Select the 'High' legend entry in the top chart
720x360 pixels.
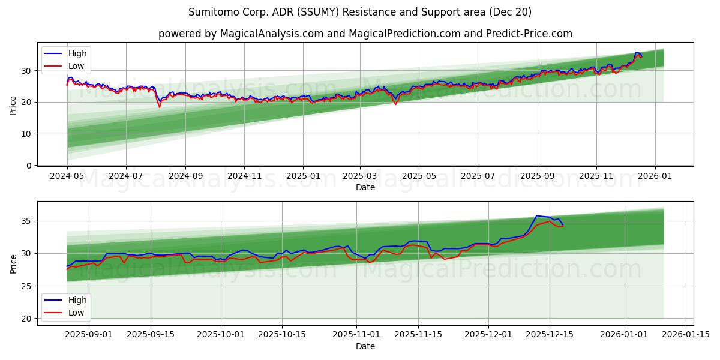(77, 53)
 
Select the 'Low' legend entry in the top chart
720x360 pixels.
(76, 66)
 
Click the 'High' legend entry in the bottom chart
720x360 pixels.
(77, 300)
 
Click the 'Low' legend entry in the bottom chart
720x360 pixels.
(76, 313)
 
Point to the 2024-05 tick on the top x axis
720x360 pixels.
(67, 176)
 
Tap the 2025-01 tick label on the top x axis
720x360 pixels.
(302, 176)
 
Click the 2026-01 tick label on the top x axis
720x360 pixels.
(655, 176)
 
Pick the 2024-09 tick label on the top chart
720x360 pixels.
(185, 176)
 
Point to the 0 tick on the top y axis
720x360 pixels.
(29, 166)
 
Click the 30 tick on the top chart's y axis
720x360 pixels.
(27, 71)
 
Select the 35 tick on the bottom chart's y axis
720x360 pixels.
(27, 221)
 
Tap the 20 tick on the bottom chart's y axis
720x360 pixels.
(27, 319)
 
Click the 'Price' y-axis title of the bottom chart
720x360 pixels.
(13, 263)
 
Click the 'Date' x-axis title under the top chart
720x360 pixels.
(365, 187)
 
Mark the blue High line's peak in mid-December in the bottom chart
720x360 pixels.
(536, 216)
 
